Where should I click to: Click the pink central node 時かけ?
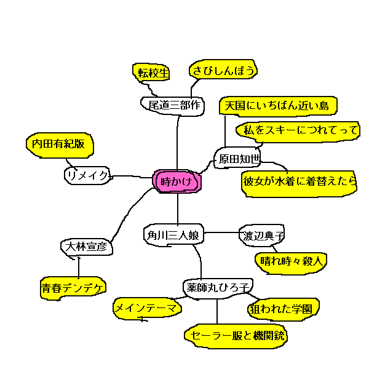[177, 181]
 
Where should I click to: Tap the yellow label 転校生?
[153, 73]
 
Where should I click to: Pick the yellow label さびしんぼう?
[223, 71]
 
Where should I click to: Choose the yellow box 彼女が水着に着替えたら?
[300, 183]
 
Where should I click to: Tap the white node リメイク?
[87, 176]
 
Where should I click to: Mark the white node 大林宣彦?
[85, 247]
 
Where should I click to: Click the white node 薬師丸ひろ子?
[218, 287]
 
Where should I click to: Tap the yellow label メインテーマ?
[146, 308]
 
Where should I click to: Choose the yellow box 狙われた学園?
[284, 309]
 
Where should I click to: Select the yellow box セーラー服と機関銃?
[236, 335]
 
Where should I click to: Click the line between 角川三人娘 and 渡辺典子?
[221, 232]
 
